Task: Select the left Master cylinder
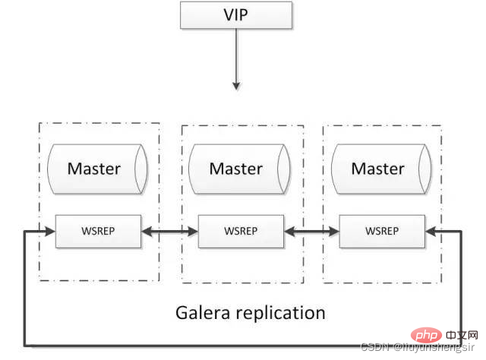pos(95,169)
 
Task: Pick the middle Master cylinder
pos(237,169)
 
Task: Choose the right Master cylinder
pos(378,169)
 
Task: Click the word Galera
pos(203,312)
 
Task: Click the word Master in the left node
pos(93,169)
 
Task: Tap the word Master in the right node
pos(377,169)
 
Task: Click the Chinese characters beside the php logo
pos(463,335)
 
